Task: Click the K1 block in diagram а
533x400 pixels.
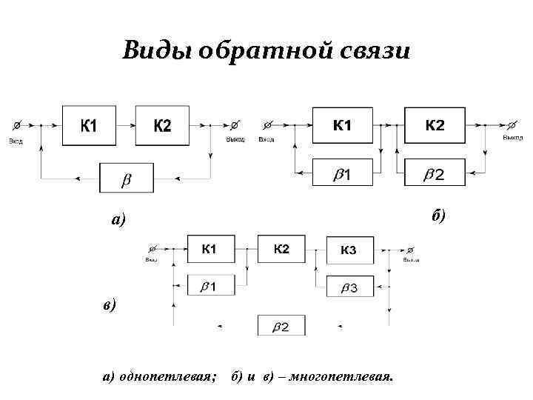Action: pos(89,127)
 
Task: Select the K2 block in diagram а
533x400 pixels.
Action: pos(162,127)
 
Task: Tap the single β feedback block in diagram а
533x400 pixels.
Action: pos(127,179)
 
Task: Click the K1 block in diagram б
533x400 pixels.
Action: pos(342,127)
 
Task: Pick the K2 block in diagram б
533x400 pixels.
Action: pos(435,127)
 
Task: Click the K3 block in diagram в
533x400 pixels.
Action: pos(348,250)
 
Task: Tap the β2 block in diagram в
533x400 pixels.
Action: pos(281,325)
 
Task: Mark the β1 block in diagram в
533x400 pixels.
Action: pos(211,285)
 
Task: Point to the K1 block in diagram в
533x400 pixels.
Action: pos(211,248)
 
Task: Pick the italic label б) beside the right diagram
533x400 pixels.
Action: pos(438,215)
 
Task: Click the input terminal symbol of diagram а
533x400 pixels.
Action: pos(16,125)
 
